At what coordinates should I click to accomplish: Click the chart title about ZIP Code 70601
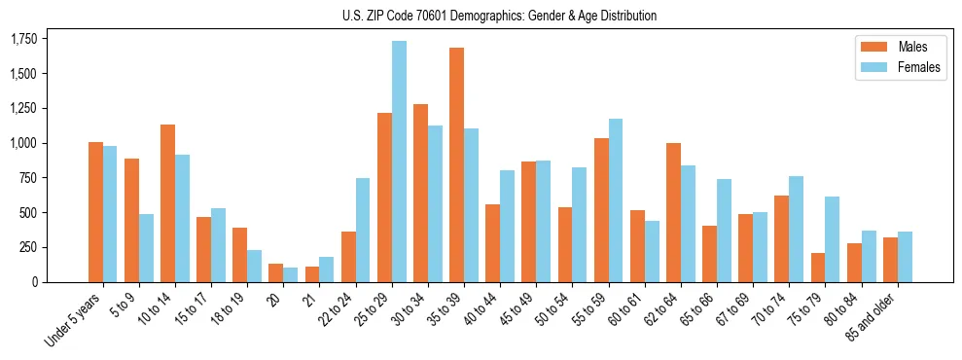coord(499,16)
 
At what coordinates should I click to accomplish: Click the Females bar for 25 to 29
coord(399,162)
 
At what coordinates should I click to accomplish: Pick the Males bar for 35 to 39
coord(456,164)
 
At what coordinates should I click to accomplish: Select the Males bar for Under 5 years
coord(95,212)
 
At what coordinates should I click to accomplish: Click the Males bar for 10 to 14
coord(167,203)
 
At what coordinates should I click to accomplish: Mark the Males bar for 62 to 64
coord(673,212)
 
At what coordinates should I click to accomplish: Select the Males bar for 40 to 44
coord(492,243)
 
